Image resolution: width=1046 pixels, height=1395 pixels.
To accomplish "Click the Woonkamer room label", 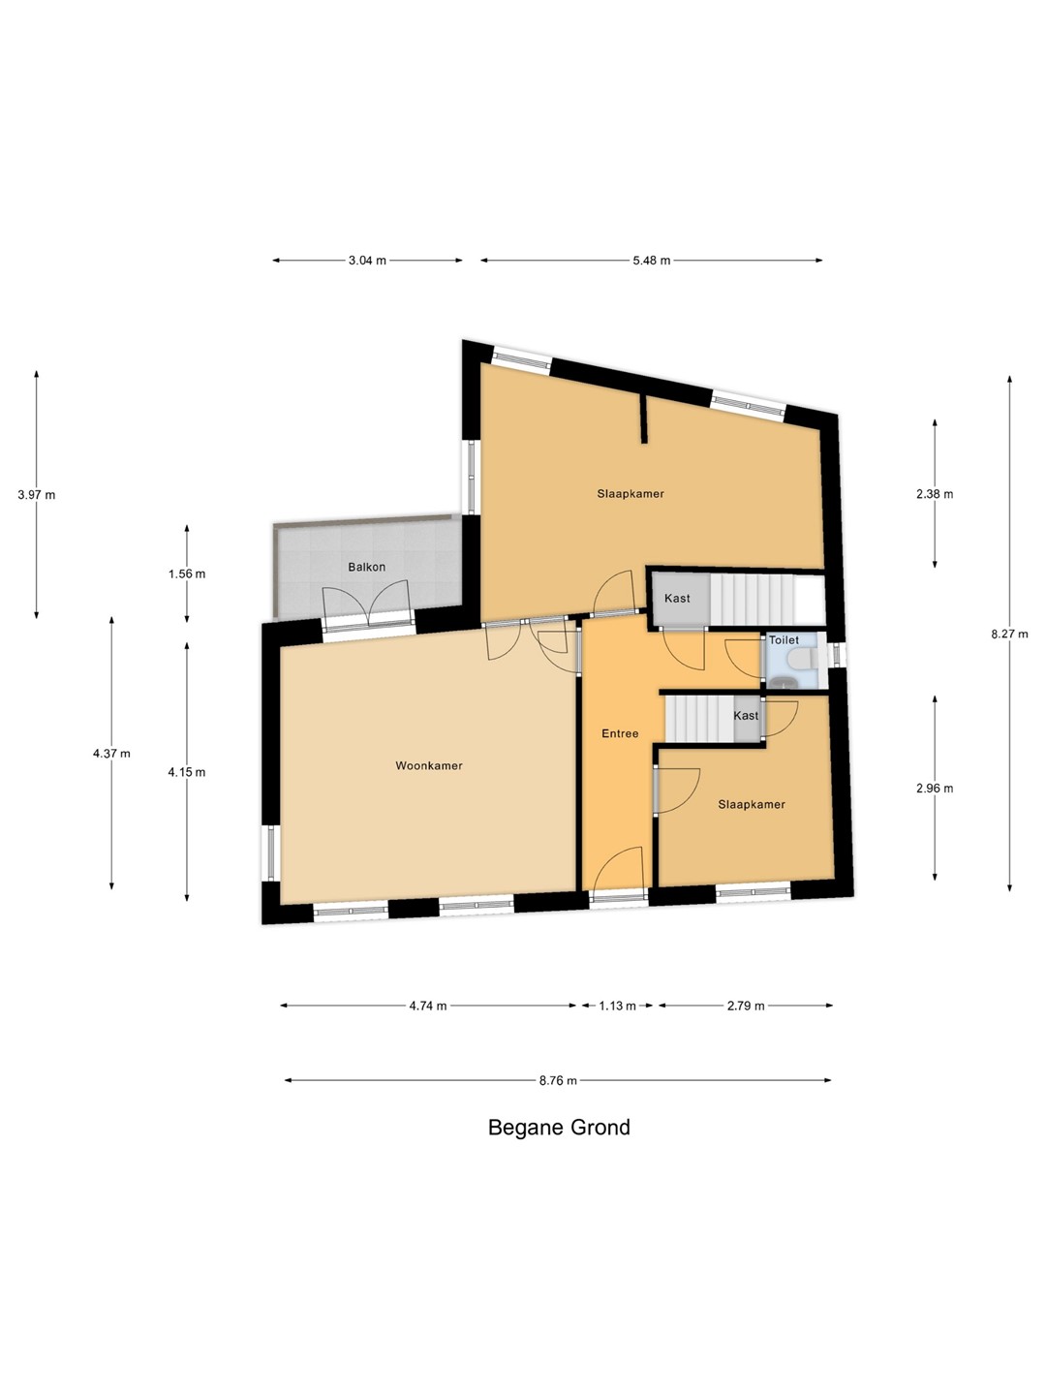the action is coord(429,766).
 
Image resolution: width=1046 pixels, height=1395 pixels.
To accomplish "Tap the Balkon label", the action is coord(366,567).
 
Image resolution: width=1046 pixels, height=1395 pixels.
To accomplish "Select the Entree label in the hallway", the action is coord(620,733).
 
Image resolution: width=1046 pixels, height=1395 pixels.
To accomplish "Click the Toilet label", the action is coord(784,640).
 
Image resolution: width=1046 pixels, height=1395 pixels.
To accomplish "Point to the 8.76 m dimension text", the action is coord(558,1080).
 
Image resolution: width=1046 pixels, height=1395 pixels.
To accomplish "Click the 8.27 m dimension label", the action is coord(1009,634).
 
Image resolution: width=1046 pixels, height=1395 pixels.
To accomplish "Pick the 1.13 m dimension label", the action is coord(617,1006).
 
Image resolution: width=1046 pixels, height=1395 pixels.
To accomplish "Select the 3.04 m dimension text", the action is coord(367,260).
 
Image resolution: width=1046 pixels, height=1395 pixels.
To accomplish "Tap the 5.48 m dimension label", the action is coord(651,260).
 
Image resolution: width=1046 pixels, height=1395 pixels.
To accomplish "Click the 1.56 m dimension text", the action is coord(187,573).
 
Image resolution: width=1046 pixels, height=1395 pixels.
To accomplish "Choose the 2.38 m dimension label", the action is coord(935,494).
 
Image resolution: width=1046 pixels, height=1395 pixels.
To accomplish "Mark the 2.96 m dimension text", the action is coord(935,788).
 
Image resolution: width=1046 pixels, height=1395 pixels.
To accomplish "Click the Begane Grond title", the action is coord(559,1127).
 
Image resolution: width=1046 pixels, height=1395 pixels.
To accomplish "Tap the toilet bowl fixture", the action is coord(802,660).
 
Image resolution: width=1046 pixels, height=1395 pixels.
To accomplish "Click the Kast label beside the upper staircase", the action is coord(677,598).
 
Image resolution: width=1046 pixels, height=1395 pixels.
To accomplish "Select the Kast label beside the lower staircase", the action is coord(746,716).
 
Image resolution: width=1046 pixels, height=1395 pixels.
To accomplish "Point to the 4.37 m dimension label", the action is coord(111,754).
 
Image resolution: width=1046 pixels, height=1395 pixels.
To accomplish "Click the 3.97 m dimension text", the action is coord(36,494).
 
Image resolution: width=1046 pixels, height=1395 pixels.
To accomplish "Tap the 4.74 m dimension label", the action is coord(427,1006).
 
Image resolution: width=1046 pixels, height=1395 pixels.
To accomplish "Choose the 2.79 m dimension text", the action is coord(746,1006).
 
